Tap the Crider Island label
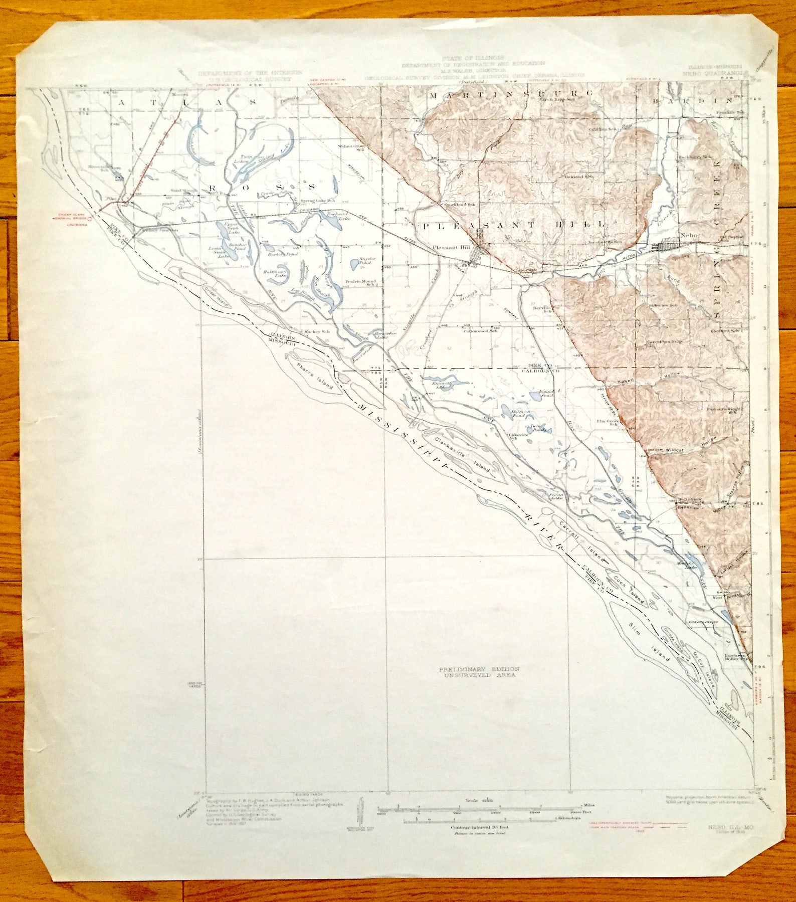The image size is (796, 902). coord(216,297)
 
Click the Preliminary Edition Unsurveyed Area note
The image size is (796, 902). coord(479,672)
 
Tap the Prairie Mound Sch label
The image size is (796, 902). coord(360,283)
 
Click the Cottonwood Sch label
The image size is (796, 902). coord(480,330)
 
